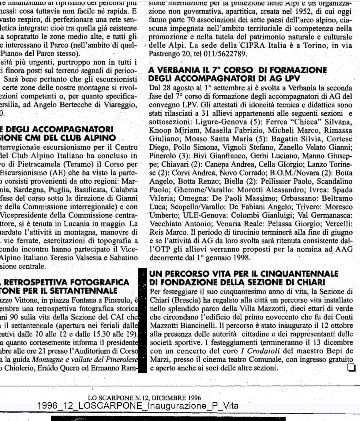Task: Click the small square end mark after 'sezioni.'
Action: (x=351, y=367)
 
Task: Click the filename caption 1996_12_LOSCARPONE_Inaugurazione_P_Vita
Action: (x=138, y=406)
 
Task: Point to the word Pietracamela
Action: (x=34, y=164)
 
